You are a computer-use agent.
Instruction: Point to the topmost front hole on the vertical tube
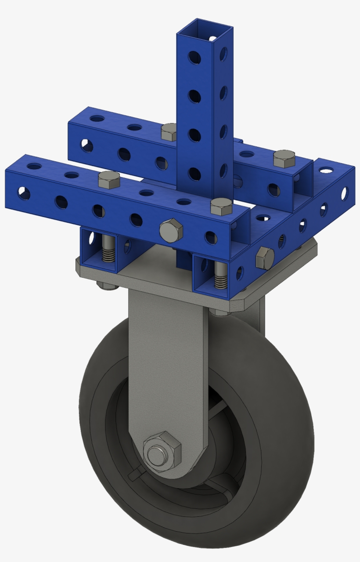tap(193, 57)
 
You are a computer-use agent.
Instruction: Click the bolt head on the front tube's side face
tap(171, 231)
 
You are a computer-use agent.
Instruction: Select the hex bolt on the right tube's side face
tap(265, 257)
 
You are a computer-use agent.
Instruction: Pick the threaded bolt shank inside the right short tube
tap(221, 277)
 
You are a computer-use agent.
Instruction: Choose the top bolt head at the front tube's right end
tap(221, 206)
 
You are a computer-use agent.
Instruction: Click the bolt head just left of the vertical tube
tap(169, 131)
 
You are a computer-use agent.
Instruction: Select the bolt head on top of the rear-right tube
tap(284, 158)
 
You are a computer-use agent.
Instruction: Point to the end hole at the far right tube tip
tap(345, 192)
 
